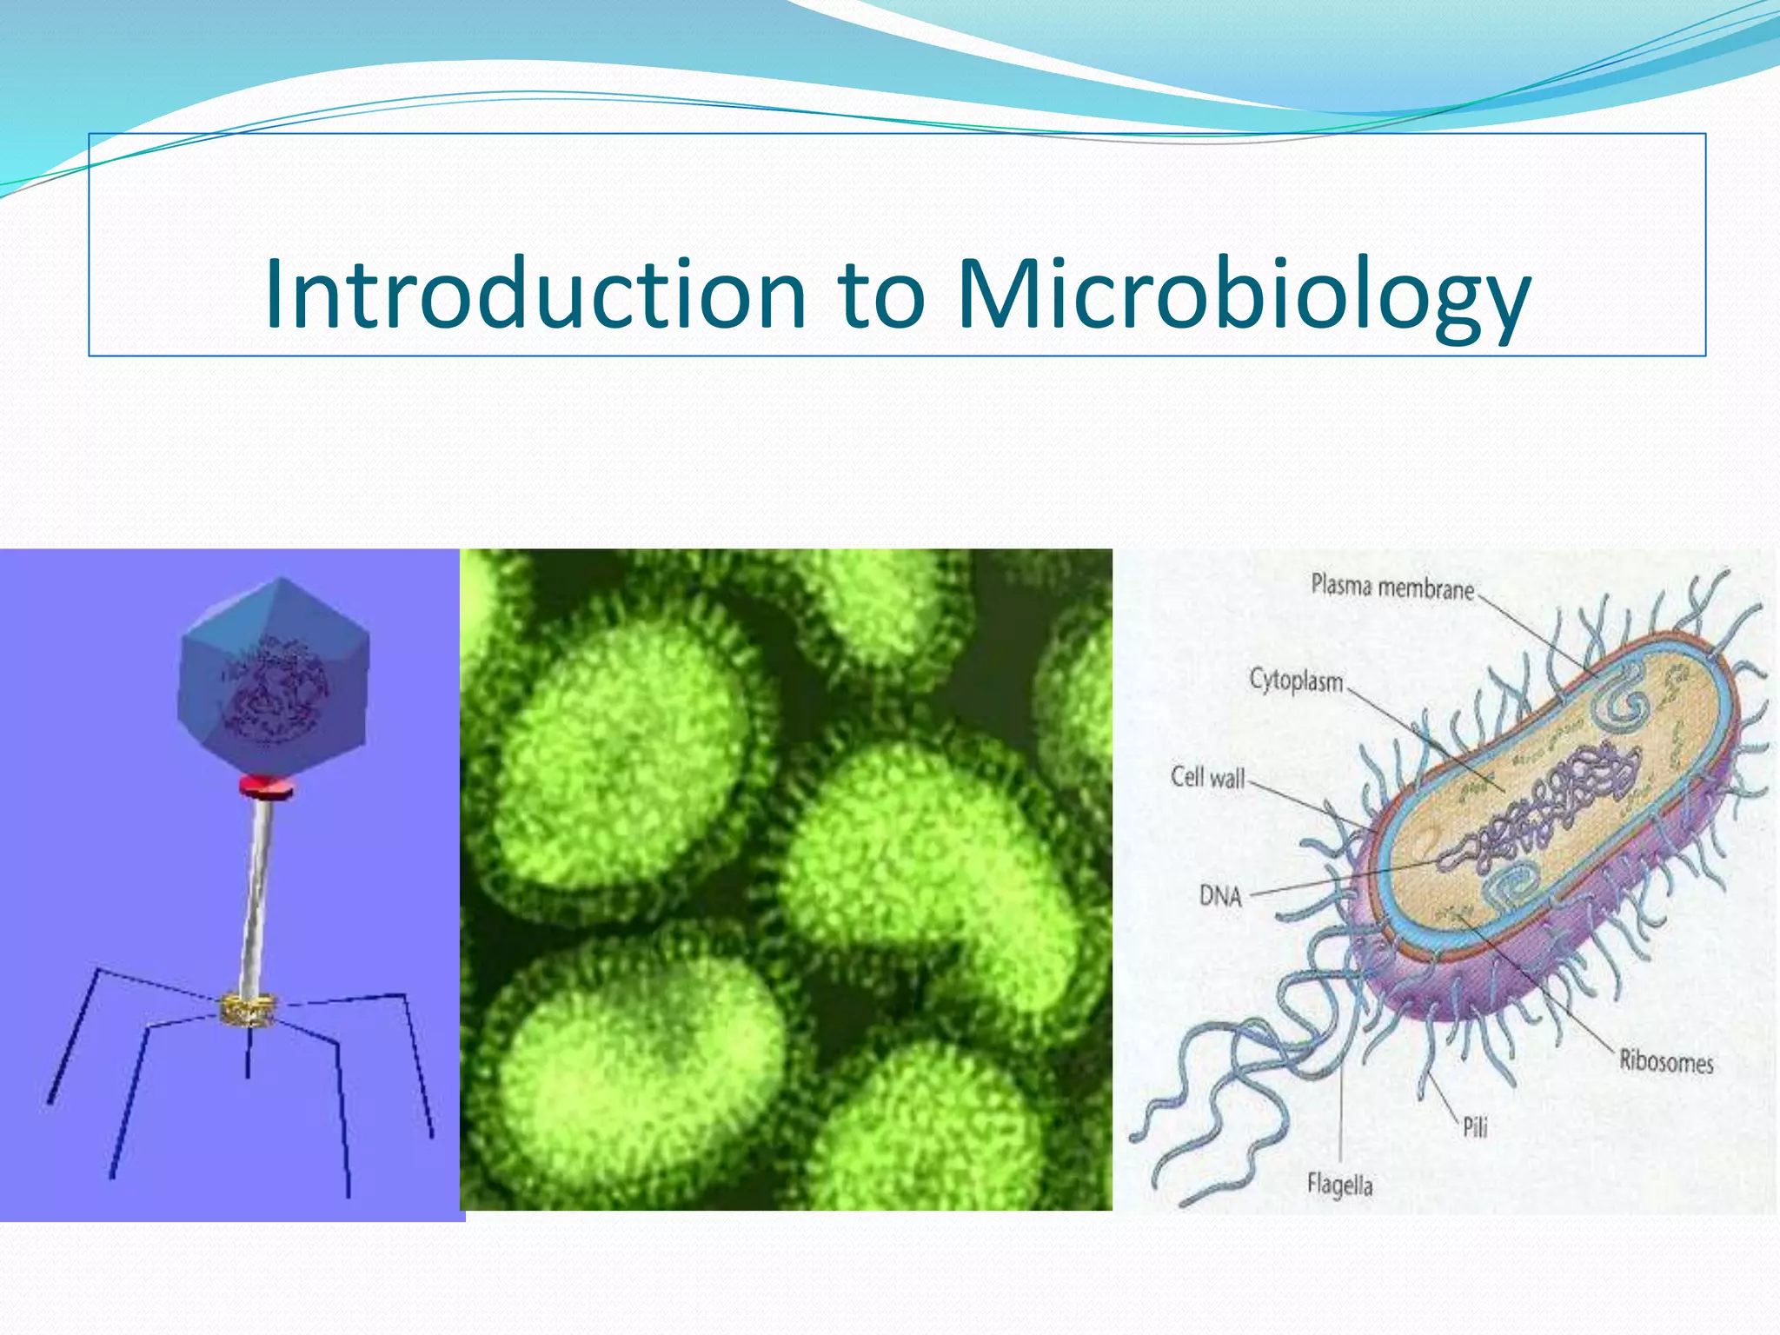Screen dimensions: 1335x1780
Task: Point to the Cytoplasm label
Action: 1296,681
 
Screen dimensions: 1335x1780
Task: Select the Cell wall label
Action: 1207,776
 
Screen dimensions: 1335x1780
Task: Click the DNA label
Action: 1220,895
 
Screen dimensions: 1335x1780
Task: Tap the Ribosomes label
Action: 1665,1061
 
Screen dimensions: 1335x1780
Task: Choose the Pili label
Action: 1475,1127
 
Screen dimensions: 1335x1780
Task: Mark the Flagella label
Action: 1339,1185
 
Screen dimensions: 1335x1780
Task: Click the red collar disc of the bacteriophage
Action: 268,787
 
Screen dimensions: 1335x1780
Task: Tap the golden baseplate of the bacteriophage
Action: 249,1009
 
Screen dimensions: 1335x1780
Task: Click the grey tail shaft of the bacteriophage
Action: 257,895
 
